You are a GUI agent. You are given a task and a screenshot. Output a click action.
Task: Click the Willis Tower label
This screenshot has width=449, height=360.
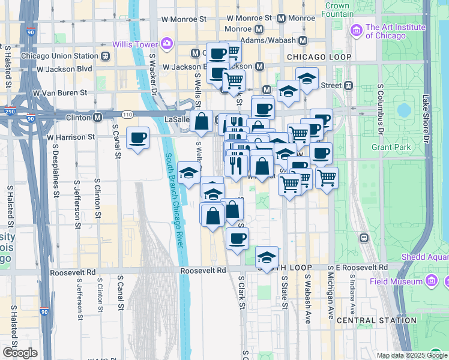pos(135,44)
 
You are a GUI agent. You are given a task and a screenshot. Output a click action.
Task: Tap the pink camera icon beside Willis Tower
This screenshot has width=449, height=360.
pos(166,44)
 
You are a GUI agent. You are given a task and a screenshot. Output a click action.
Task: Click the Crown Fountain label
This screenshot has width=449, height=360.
pos(338,10)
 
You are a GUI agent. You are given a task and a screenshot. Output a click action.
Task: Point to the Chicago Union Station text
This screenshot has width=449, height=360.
pos(59,56)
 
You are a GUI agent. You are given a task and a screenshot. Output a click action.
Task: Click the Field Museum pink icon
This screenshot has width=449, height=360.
pos(431,280)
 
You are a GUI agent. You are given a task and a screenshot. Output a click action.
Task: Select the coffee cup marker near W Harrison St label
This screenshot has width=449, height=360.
pos(138,138)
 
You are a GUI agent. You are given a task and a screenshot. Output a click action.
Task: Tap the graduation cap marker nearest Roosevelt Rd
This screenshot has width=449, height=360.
pos(267,257)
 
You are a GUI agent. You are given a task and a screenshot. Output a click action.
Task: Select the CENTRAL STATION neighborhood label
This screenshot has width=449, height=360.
pos(376,320)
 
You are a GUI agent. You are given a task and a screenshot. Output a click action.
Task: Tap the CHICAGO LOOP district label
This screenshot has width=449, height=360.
pos(319,57)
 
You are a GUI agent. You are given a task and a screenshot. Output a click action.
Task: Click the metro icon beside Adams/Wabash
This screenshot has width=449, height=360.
pos(303,41)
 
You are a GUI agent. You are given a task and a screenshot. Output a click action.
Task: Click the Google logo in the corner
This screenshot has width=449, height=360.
pos(20,352)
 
